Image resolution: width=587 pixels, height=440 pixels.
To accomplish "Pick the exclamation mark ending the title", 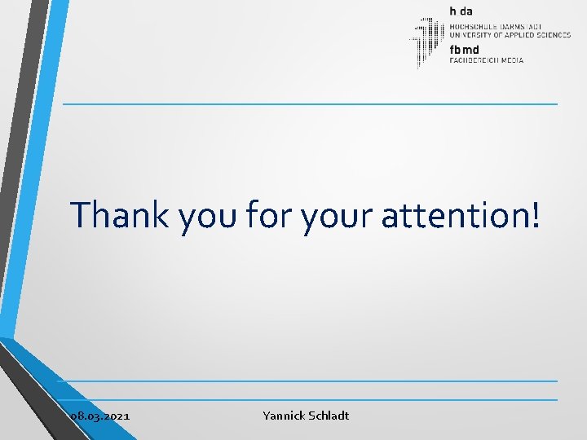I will (534, 214).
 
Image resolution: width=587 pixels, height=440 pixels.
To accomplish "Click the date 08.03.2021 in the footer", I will (100, 416).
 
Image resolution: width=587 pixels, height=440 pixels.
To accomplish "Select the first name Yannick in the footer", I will (284, 416).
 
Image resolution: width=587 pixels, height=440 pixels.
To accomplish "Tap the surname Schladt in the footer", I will (329, 416).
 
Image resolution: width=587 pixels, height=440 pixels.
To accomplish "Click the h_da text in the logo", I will (461, 11).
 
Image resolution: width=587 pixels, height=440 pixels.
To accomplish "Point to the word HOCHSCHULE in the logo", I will (472, 24).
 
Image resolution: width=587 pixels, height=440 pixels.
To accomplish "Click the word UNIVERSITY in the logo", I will (470, 34).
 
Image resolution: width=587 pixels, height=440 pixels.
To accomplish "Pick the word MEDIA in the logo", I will (513, 60).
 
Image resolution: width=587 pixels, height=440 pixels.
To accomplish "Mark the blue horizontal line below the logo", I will (310, 104).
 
